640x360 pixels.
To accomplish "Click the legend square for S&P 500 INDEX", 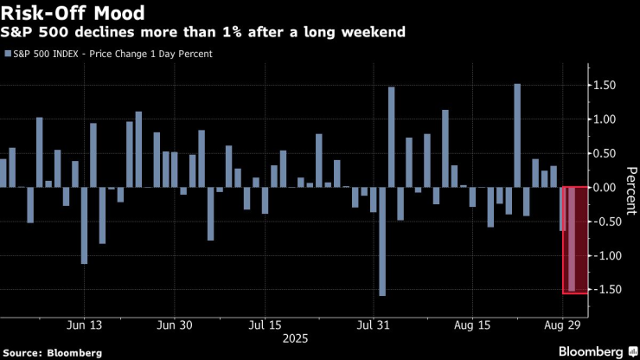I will click(x=8, y=54).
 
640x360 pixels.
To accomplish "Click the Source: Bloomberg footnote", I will click(x=52, y=352).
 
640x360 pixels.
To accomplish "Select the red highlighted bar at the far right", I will click(x=573, y=240).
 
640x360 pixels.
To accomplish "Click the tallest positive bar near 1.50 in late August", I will click(x=517, y=135).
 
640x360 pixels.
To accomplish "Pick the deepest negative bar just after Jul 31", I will click(x=382, y=241).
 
